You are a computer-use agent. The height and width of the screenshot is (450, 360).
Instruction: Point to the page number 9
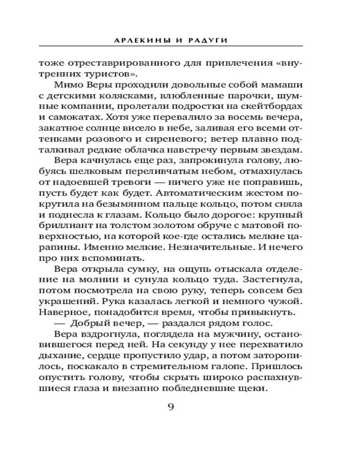click(x=171, y=408)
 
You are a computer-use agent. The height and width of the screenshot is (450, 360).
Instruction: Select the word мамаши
click(x=284, y=85)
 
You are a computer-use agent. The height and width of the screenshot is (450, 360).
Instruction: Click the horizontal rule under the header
click(x=171, y=46)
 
